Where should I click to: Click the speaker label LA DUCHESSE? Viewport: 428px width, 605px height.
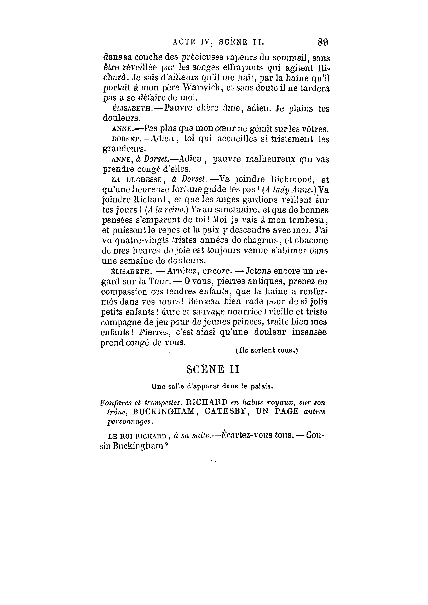137,180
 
